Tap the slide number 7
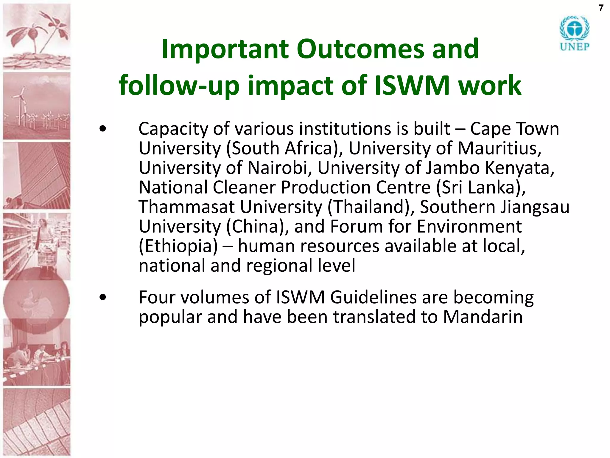click(x=601, y=8)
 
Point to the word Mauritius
click(x=499, y=148)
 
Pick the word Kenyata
click(x=519, y=168)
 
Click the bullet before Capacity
click(x=103, y=129)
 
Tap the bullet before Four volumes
click(x=103, y=297)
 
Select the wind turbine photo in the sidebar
click(x=37, y=106)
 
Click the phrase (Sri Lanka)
click(x=481, y=187)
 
